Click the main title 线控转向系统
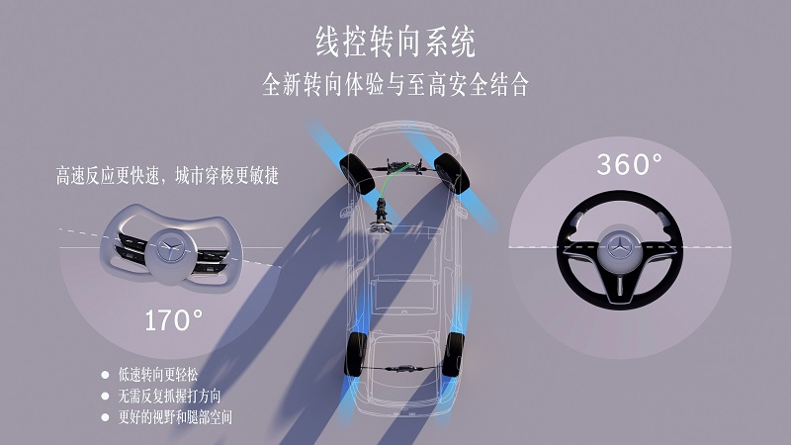click(x=395, y=42)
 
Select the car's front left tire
click(x=357, y=169)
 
